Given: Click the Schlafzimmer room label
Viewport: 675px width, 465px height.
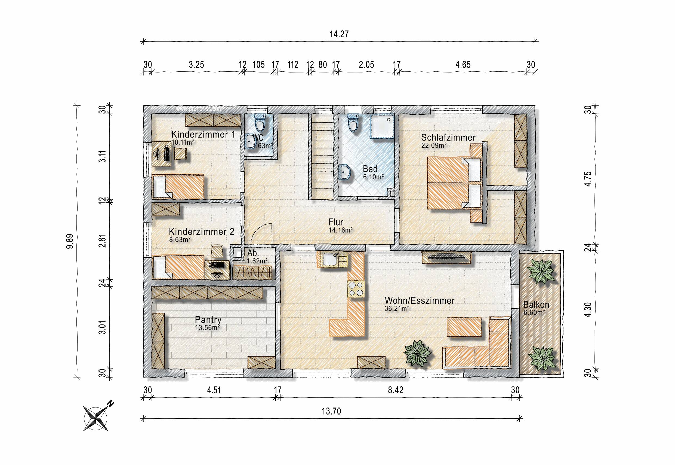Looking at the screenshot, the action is coord(448,137).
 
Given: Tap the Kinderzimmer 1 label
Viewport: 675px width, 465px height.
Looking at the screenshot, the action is coord(203,134).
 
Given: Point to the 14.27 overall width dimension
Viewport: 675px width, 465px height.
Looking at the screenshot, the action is coord(339,34).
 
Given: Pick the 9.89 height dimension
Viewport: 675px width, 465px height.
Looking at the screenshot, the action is coord(70,241).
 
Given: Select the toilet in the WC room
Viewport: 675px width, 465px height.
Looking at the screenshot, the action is coord(260,123).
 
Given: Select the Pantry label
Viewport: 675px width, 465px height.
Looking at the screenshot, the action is coord(208,320).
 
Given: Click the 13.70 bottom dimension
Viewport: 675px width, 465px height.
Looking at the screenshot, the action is coord(331,411).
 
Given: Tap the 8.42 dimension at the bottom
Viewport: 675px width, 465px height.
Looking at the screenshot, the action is coord(396,390).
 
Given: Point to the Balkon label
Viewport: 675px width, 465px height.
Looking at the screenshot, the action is coord(536,305).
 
